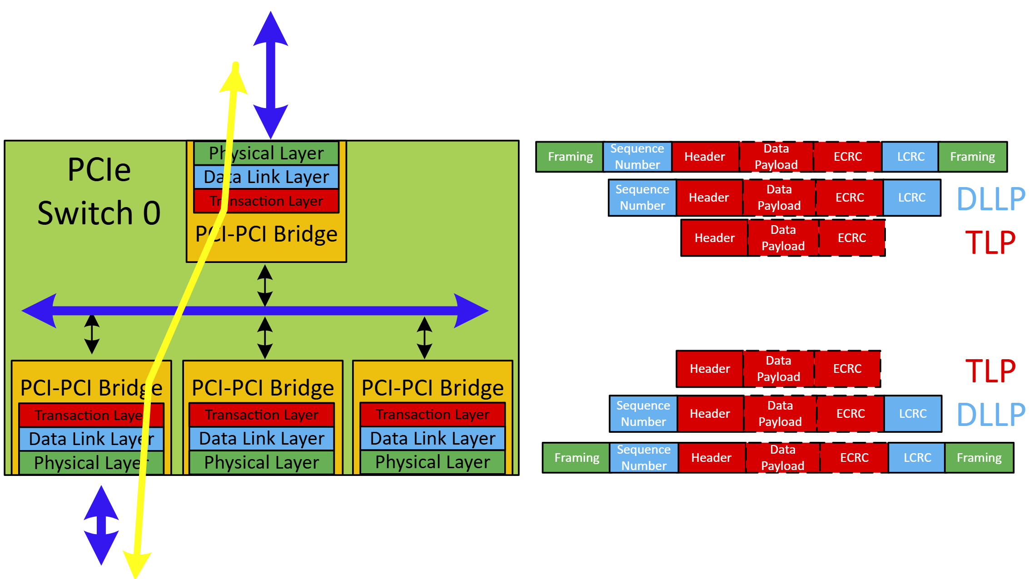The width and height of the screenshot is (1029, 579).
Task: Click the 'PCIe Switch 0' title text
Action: tap(99, 191)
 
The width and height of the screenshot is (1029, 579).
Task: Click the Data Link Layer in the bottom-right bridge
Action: tap(432, 439)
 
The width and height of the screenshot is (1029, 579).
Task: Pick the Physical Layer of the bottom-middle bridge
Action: tap(262, 463)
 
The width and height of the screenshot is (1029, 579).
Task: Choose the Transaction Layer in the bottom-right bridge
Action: tap(432, 415)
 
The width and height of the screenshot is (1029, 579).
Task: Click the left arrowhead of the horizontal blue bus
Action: tap(39, 311)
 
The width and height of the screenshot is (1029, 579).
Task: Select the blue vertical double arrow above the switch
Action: tap(271, 75)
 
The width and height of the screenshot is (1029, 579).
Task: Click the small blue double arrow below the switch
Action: tap(101, 525)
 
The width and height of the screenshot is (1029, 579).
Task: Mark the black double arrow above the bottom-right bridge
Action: tap(424, 337)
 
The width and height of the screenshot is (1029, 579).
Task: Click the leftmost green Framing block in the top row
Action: tap(570, 157)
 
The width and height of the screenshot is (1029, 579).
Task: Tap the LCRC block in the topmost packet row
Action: tap(910, 157)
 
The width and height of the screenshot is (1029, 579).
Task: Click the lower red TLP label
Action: tap(990, 371)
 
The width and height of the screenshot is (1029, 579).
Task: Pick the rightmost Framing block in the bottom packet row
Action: tap(979, 458)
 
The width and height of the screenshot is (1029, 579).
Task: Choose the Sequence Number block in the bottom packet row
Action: tap(644, 458)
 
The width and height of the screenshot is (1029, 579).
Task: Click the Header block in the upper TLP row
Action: tap(714, 238)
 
